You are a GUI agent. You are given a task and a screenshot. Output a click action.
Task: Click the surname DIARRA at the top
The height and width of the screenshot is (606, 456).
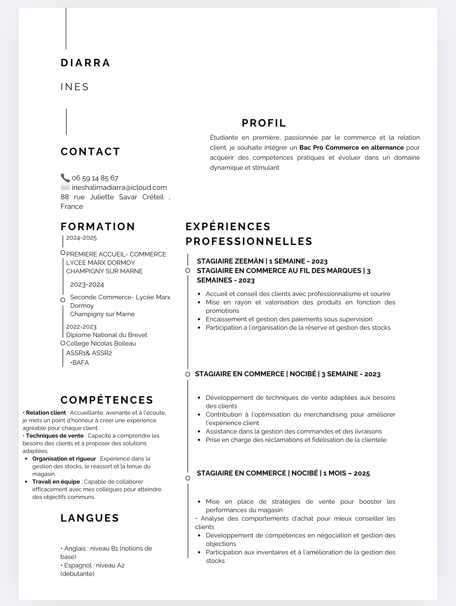[85, 63]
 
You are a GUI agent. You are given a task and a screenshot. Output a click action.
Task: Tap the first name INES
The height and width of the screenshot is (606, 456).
[75, 87]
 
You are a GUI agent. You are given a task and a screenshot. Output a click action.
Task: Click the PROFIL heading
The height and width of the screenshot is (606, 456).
[264, 123]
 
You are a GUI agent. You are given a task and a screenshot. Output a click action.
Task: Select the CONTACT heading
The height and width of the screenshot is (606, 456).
[90, 151]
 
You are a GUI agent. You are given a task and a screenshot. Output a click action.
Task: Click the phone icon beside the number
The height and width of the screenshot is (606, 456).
[65, 178]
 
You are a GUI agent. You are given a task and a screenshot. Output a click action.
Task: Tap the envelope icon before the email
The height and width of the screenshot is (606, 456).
[65, 187]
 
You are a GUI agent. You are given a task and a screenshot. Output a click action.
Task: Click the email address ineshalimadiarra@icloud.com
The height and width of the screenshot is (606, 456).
[119, 188]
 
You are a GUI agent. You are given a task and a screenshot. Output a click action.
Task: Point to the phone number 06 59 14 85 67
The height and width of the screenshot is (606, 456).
[95, 178]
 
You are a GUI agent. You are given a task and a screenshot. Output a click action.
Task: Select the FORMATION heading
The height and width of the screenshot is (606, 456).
[98, 226]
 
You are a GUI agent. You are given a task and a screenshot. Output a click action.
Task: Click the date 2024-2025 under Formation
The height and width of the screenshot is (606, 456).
[81, 237]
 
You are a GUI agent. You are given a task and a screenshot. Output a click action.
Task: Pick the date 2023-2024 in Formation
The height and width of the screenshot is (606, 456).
[87, 284]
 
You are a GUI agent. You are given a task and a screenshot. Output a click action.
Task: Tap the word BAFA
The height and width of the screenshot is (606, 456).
[81, 362]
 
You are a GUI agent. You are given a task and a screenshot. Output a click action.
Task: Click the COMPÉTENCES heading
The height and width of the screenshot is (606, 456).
[107, 400]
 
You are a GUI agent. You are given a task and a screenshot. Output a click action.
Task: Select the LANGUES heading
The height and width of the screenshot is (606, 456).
[90, 518]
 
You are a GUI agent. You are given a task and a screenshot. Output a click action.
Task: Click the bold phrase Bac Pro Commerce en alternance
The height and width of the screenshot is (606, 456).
[351, 147]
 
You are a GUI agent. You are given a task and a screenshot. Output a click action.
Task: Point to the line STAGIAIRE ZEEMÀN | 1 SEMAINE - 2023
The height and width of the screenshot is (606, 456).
[262, 261]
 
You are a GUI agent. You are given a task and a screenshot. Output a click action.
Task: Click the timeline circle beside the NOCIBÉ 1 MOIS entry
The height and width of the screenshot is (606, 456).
[188, 478]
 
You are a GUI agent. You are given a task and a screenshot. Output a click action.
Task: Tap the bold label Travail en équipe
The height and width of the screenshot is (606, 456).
[56, 482]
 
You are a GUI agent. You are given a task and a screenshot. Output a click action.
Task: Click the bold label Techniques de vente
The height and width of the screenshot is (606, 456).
[55, 436]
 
